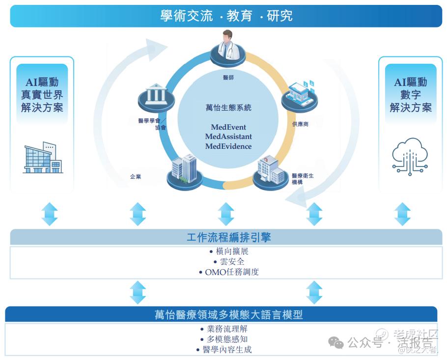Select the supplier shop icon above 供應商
click(x=300, y=96)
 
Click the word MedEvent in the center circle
click(x=228, y=127)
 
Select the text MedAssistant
click(x=228, y=137)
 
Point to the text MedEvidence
click(x=228, y=146)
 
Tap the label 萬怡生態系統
click(x=228, y=107)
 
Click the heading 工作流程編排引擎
click(x=228, y=238)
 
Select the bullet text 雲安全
click(x=228, y=261)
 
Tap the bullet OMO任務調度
click(x=228, y=272)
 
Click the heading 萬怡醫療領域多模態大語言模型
click(x=228, y=315)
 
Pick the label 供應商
click(x=300, y=124)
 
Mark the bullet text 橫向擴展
click(x=228, y=251)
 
